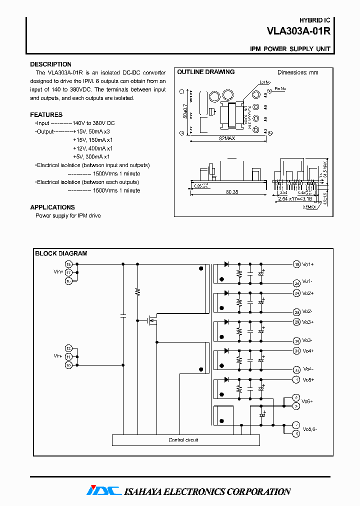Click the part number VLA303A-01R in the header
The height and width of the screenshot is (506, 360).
point(298,31)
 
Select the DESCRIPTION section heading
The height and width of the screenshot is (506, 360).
point(50,64)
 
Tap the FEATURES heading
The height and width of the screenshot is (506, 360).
point(46,114)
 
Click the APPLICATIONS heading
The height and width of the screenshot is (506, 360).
point(52,207)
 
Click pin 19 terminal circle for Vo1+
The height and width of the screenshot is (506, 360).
point(296,264)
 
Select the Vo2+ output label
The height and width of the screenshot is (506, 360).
point(308,293)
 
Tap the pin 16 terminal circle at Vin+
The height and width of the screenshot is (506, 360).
point(69,264)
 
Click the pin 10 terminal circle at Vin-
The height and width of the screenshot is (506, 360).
point(69,365)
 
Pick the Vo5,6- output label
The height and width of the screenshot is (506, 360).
point(310,429)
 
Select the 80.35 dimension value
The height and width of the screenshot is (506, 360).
point(231,191)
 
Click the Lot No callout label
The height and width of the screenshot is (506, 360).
point(265,82)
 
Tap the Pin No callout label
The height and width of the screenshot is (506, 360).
point(280,88)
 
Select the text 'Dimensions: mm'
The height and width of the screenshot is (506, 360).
point(298,72)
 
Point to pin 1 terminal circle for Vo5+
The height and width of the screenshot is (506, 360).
point(296,380)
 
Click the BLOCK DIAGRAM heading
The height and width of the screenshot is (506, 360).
point(61,253)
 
